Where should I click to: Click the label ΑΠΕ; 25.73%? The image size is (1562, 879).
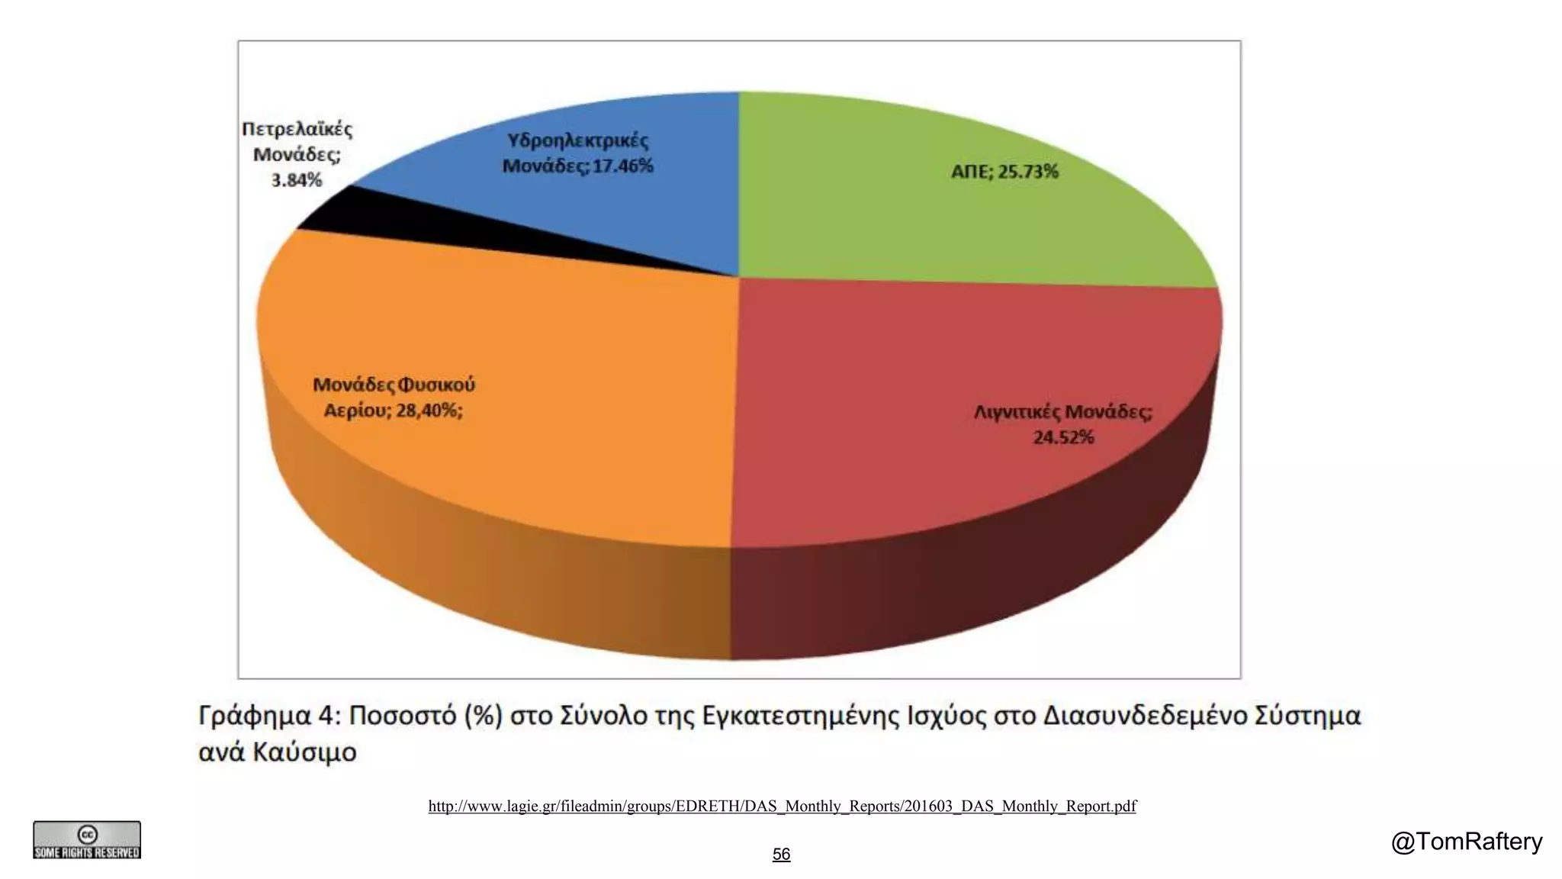coord(1004,172)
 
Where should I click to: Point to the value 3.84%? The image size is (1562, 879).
coord(297,181)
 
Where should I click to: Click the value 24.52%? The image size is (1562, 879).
coord(1063,437)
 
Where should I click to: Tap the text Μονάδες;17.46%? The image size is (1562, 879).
coord(577,166)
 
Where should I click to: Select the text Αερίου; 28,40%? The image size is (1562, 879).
coord(393,411)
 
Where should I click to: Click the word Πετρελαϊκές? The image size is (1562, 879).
coord(297,129)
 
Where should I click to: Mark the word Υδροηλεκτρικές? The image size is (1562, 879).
coord(577,140)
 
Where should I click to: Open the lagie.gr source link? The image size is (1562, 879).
coord(782,807)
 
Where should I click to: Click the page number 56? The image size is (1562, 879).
coord(781,855)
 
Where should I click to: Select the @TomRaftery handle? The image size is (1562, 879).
coord(1466,842)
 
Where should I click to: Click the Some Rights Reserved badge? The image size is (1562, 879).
coord(87,840)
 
